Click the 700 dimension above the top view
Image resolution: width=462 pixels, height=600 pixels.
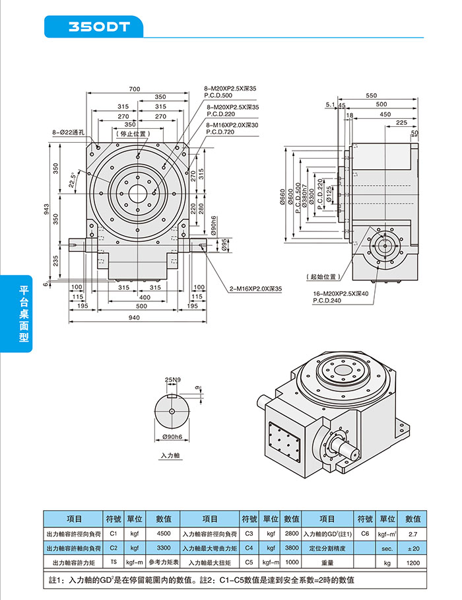coord(135,89)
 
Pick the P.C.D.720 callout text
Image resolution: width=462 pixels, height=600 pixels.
coord(220,132)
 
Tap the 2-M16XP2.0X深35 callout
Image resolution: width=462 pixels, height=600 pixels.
coord(255,289)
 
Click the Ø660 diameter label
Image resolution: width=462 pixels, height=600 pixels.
coord(282,196)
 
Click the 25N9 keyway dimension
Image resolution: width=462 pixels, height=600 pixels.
coord(172,379)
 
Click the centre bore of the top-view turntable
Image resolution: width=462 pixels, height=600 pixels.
coord(138,193)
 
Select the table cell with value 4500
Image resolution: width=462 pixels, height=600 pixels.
coord(164,533)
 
